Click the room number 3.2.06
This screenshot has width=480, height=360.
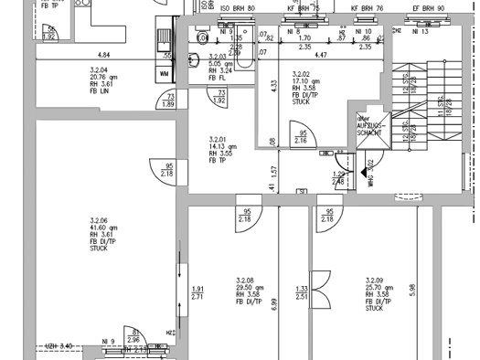(98, 220)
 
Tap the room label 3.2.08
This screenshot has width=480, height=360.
(244, 281)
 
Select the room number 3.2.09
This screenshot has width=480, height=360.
(374, 281)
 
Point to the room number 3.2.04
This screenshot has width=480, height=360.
(98, 70)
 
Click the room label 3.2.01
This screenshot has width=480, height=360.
(218, 139)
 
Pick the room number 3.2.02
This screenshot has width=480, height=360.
(300, 74)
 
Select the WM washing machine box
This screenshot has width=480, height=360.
(165, 73)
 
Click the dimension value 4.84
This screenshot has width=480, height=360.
(103, 56)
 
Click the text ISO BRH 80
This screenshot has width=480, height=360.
(238, 7)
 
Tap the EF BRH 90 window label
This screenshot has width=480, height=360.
(428, 7)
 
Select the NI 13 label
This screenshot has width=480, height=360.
(421, 32)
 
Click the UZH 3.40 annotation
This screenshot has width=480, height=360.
(59, 346)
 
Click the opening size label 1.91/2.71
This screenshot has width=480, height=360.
(197, 293)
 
